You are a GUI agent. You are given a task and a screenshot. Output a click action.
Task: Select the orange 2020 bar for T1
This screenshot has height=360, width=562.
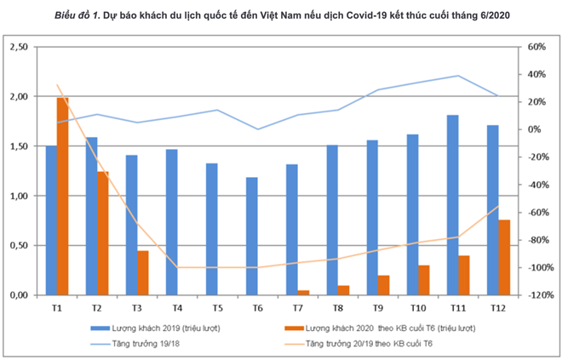[x=63, y=196]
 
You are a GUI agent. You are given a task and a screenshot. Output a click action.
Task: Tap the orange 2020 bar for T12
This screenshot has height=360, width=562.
[x=504, y=257]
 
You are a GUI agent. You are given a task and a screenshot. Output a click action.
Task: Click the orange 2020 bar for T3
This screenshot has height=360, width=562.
[x=143, y=272]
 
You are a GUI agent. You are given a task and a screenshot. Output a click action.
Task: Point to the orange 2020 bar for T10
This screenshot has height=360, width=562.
[x=424, y=280]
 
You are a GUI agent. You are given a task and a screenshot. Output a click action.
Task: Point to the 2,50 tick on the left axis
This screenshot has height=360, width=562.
[x=17, y=47]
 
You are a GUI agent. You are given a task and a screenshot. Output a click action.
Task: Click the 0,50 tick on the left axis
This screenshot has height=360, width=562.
[x=17, y=245]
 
